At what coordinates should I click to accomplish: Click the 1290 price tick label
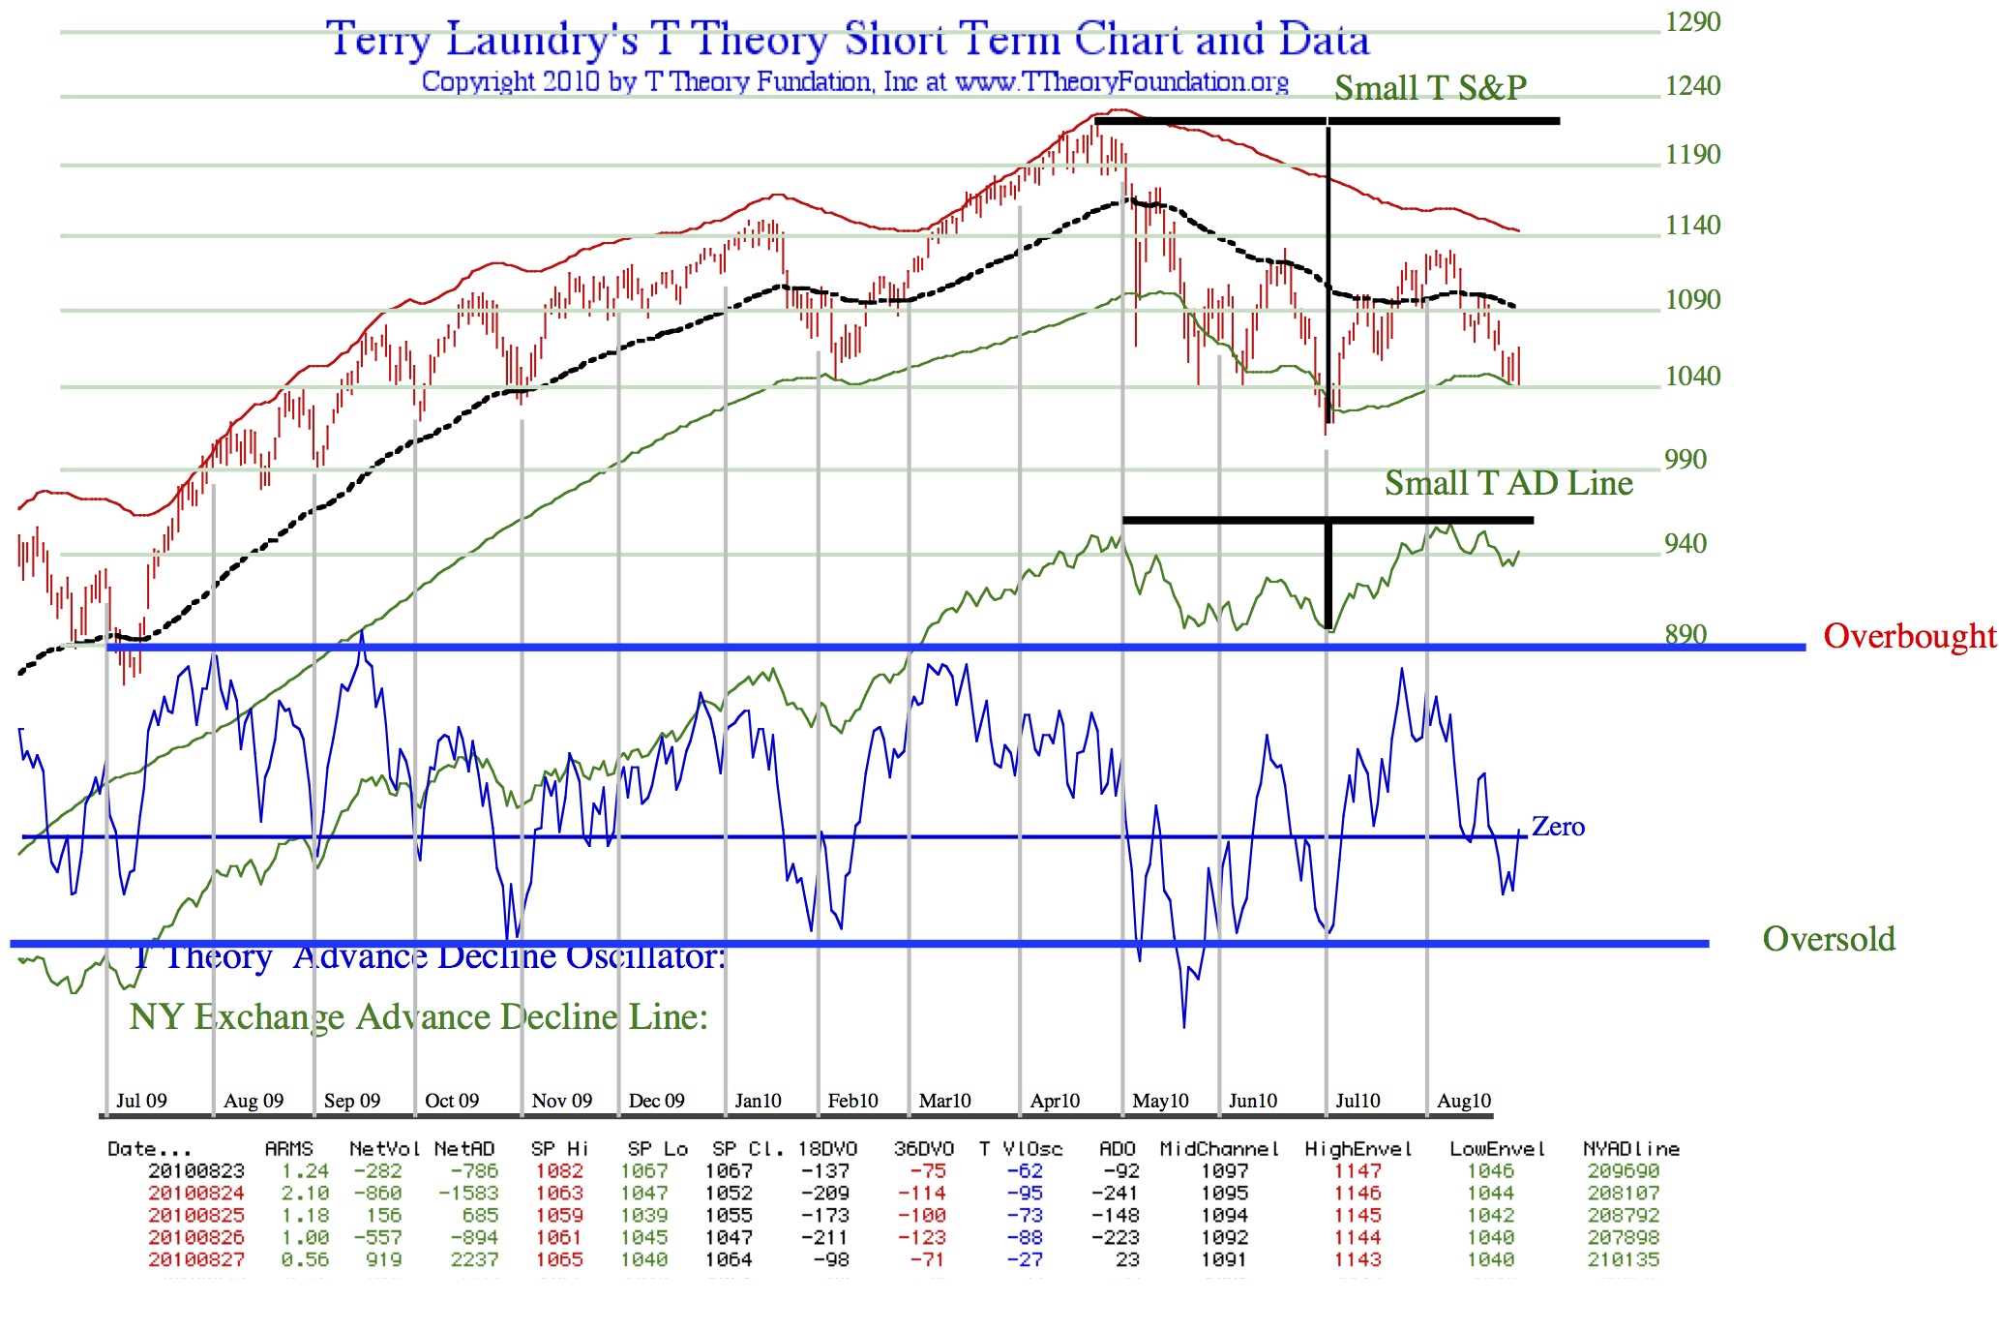coord(1692,21)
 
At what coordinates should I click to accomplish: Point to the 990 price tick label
coord(1686,459)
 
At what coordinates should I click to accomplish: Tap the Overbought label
coord(1909,636)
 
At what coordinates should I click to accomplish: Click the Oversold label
coord(1829,939)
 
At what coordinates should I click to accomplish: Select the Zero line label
coord(1558,827)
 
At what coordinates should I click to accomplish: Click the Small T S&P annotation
coord(1430,88)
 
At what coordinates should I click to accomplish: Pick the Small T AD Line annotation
coord(1508,482)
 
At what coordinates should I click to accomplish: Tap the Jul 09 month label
coord(141,1101)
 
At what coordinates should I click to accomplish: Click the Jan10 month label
coord(758,1101)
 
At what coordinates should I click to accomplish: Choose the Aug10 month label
coord(1464,1101)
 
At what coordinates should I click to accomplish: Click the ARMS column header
coord(288,1149)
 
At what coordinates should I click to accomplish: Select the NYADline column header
coord(1631,1149)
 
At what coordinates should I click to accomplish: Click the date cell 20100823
coord(196,1171)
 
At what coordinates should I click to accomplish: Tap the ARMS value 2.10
coord(306,1194)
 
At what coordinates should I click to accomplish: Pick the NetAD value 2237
coord(474,1259)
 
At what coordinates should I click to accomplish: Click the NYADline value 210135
coord(1624,1259)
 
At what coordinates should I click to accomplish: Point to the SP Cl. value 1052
coord(729,1194)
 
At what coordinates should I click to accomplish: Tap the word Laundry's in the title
coord(542,41)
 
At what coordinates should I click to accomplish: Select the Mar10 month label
coord(944,1101)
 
